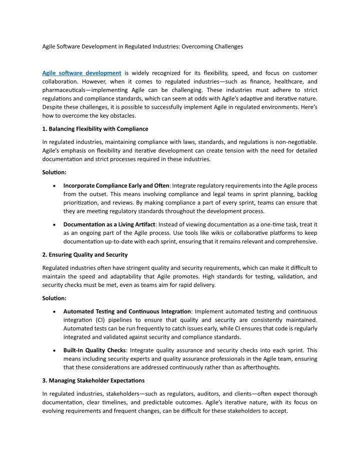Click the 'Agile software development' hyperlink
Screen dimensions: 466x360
(x=81, y=73)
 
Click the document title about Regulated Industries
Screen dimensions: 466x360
(x=142, y=47)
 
